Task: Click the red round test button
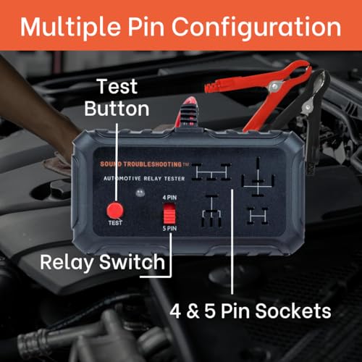[113, 211]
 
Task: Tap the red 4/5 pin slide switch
[169, 215]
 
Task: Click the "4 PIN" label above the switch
[169, 197]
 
